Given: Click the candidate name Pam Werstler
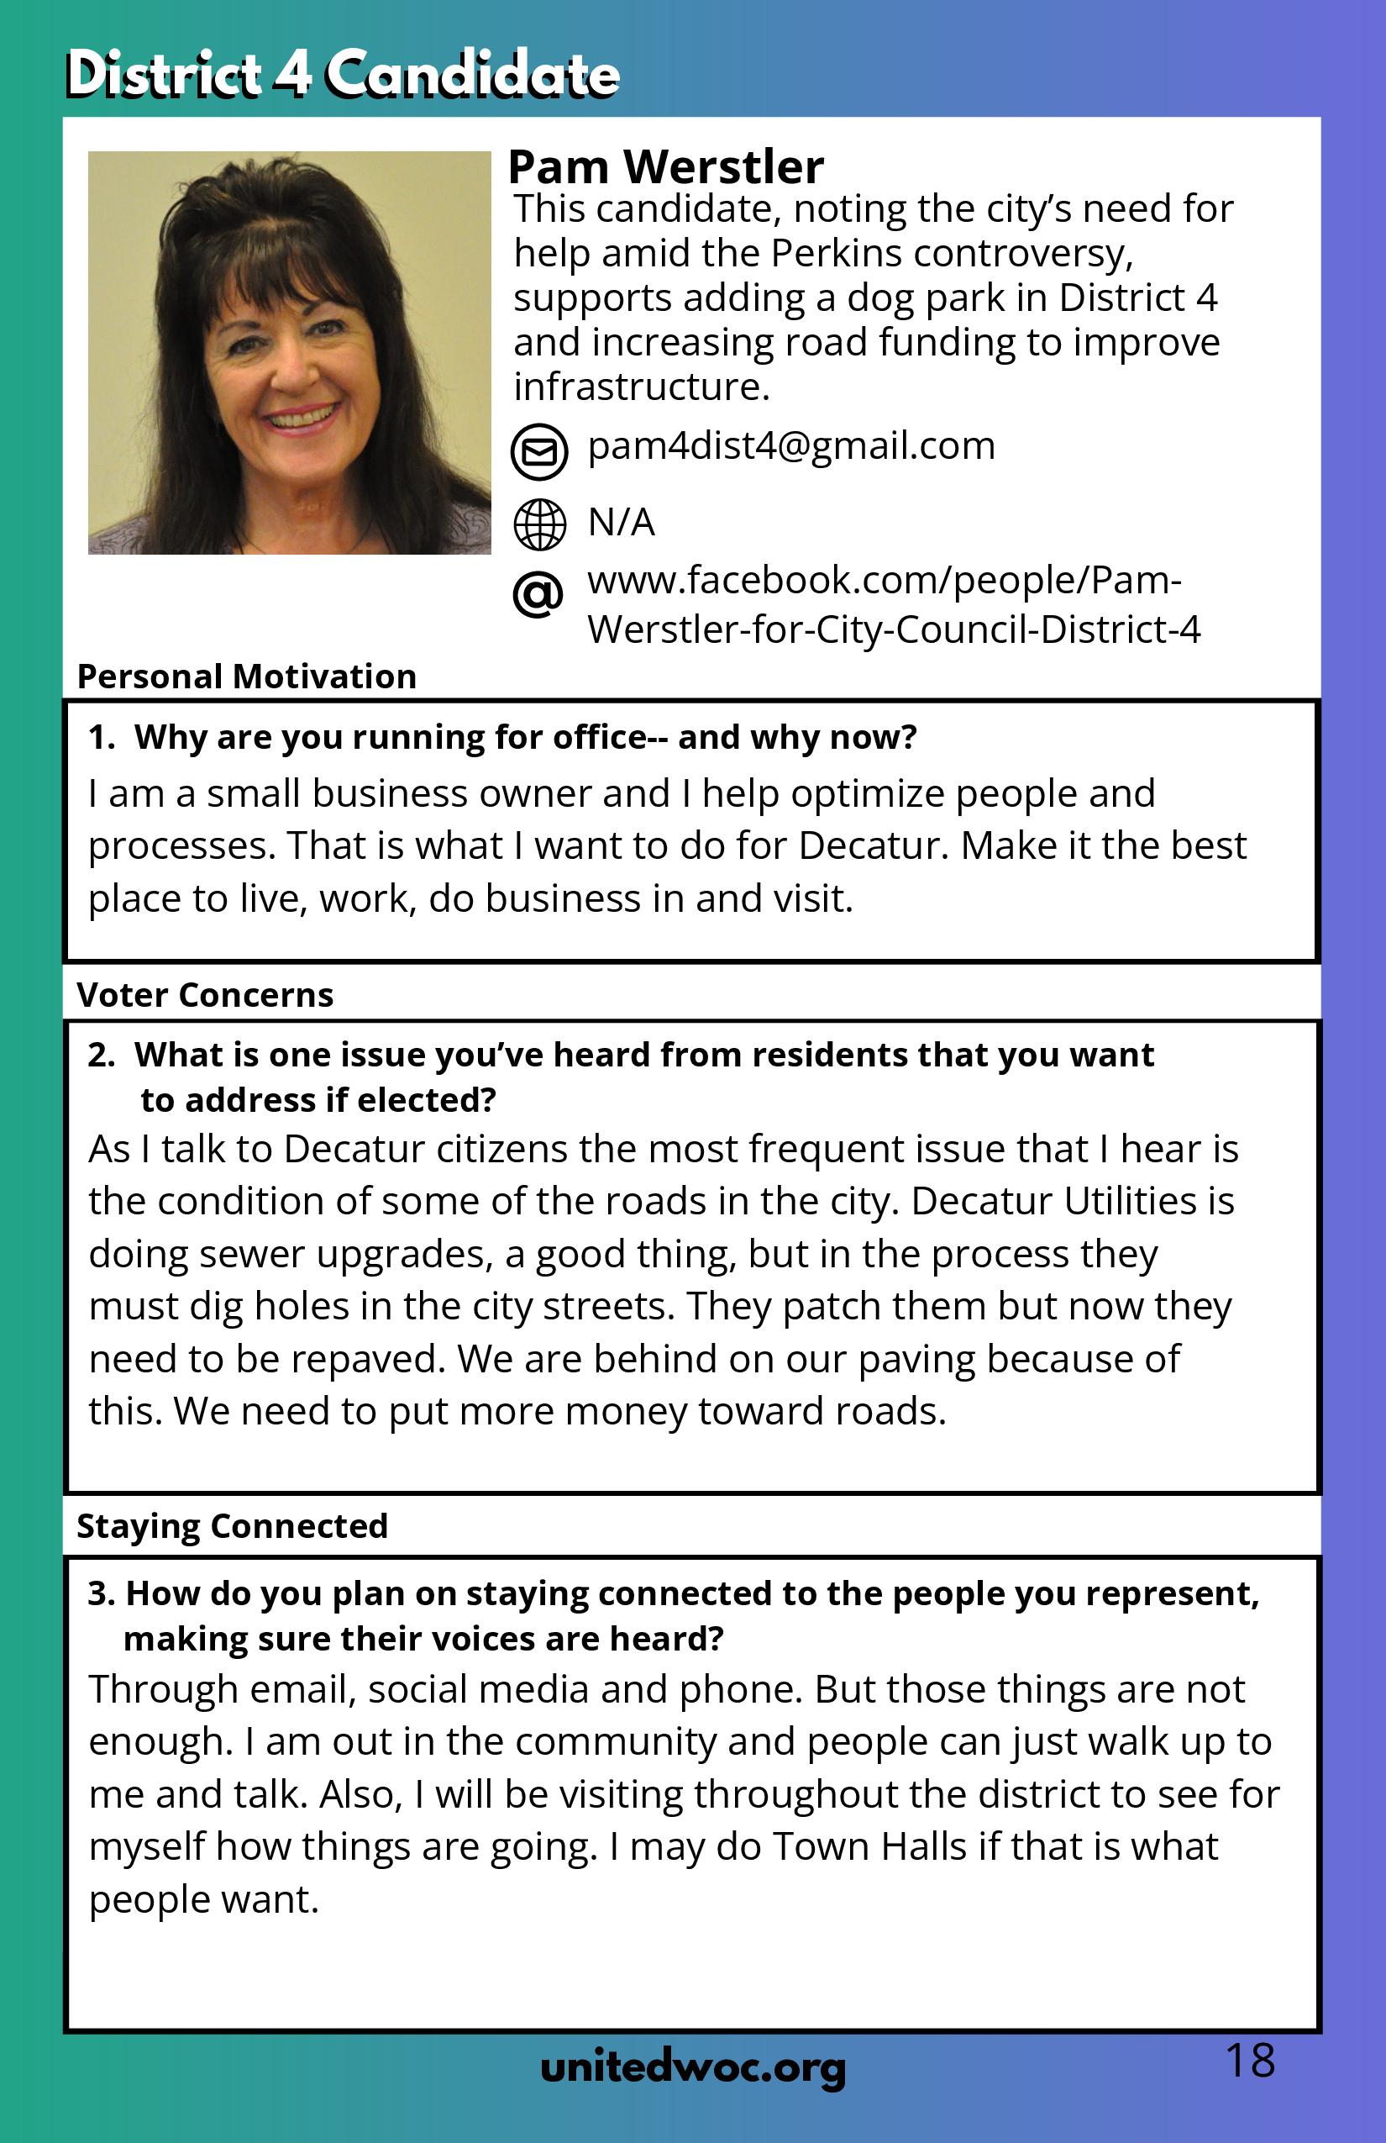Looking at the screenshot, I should [x=665, y=167].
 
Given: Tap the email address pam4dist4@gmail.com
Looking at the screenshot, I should [x=791, y=446].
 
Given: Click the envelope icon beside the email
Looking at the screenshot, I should [x=539, y=450].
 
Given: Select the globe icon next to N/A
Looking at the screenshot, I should [x=539, y=524].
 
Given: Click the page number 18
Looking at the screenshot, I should [x=1250, y=2061].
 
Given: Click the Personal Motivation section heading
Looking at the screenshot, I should [x=247, y=677].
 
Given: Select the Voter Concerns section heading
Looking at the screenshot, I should [x=205, y=995].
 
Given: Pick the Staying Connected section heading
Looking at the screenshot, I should [x=232, y=1526].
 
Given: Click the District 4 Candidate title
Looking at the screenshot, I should [x=342, y=74].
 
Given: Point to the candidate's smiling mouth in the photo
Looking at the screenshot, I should [x=302, y=419].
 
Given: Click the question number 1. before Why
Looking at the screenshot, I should [x=102, y=738].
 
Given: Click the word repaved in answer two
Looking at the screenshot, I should [x=367, y=1360].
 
